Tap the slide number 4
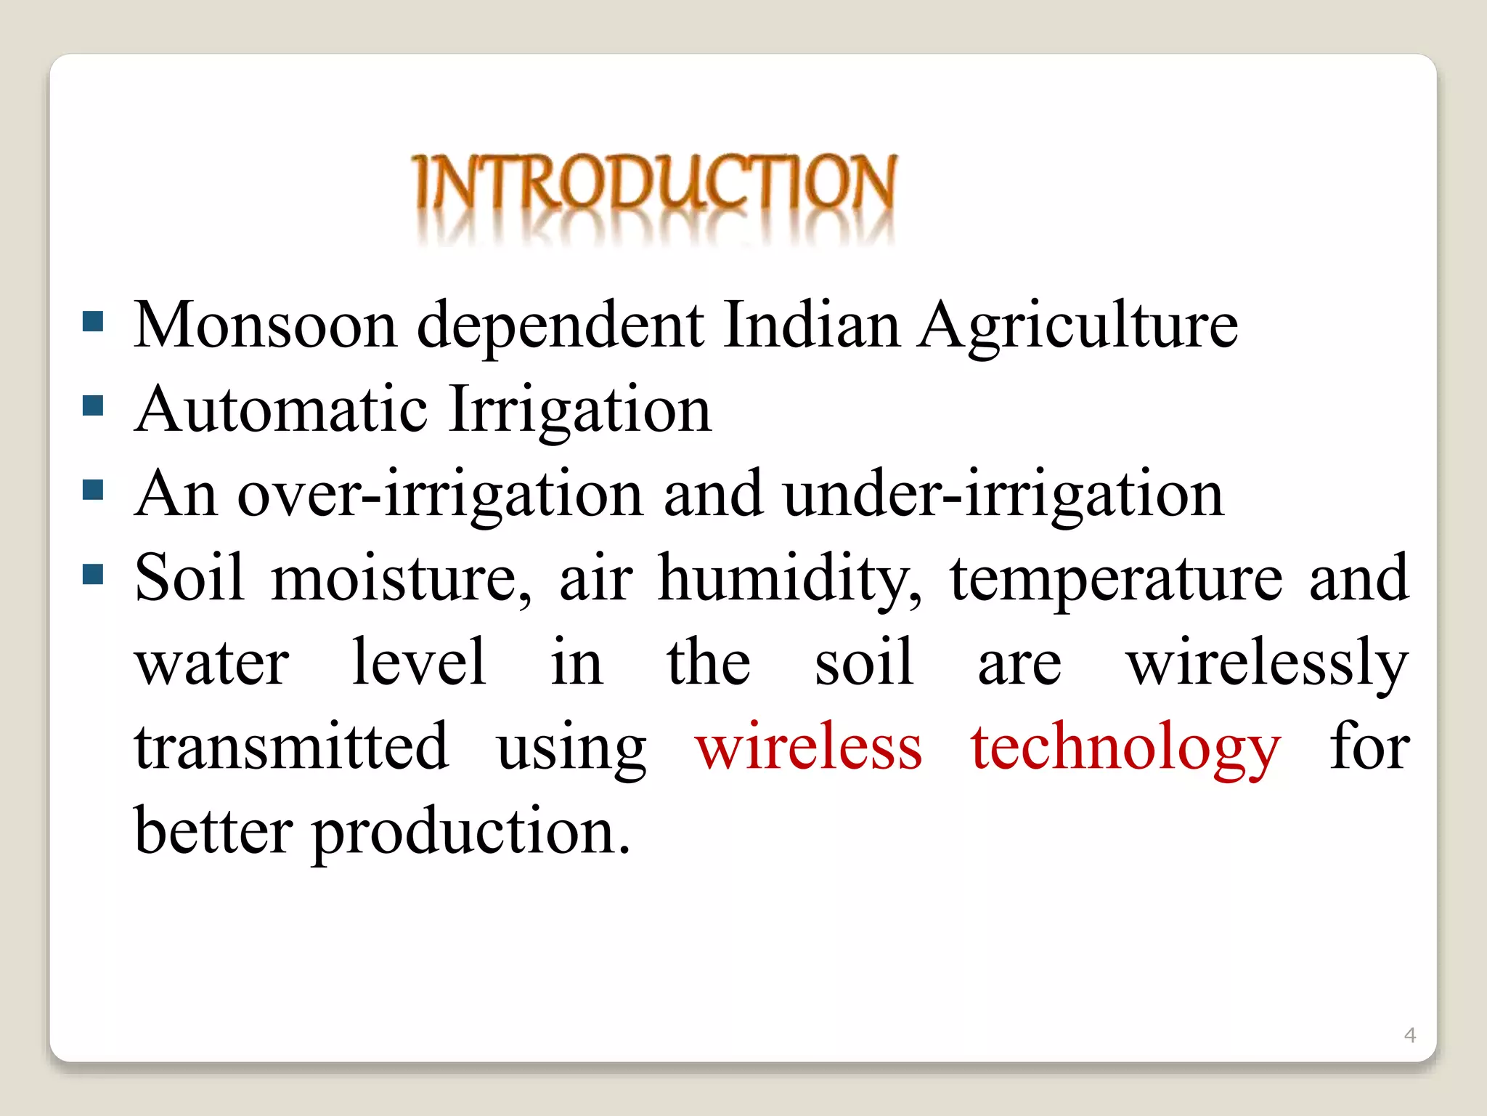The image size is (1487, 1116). pyautogui.click(x=1410, y=1035)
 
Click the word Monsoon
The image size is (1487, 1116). pyautogui.click(x=265, y=325)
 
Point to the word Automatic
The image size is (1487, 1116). pyautogui.click(x=281, y=410)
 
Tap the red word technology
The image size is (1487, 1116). pyautogui.click(x=1126, y=748)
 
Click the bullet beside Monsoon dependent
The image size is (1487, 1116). pyautogui.click(x=94, y=321)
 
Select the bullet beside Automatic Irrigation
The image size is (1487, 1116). pyautogui.click(x=94, y=405)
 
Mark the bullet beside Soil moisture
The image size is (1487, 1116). pyautogui.click(x=94, y=575)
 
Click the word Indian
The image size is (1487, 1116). pyautogui.click(x=812, y=325)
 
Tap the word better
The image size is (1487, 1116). pyautogui.click(x=213, y=831)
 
